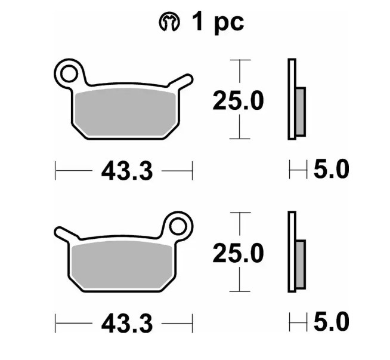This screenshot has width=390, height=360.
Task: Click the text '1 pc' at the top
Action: point(218,23)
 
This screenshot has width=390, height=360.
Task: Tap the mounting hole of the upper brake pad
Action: point(68,73)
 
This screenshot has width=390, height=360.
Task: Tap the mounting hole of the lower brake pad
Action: point(178,226)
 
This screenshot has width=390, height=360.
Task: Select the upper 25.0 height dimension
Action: point(239,101)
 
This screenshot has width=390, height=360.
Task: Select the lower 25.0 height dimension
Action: point(239,254)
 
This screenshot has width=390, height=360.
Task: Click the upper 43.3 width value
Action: point(126,172)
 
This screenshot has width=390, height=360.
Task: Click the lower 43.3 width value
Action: point(126,325)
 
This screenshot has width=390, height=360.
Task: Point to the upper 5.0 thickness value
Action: point(330,170)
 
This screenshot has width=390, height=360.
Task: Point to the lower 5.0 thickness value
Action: point(330,323)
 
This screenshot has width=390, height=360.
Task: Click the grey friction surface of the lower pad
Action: point(122,265)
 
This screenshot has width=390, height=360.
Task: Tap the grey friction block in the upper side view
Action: point(301,111)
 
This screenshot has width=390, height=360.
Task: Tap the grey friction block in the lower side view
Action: point(301,264)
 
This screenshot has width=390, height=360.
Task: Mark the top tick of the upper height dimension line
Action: point(239,60)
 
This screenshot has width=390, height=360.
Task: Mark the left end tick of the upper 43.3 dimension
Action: point(55,172)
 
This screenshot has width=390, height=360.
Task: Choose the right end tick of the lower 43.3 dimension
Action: point(192,325)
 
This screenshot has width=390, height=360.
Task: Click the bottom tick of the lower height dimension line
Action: point(239,291)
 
